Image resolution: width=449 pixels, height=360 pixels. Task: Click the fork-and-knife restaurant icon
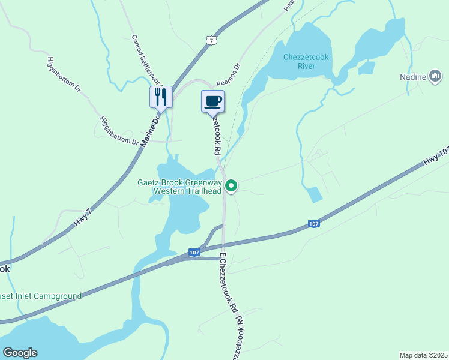(161, 96)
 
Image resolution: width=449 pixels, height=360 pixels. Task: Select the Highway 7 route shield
(209, 40)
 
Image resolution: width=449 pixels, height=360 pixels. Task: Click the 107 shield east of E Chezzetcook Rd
(314, 224)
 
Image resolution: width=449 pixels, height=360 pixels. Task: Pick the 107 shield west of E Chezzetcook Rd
(193, 252)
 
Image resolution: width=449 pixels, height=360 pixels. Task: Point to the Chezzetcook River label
(307, 61)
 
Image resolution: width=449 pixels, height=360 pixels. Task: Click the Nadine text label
(412, 77)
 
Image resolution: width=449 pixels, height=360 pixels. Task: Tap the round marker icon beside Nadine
(436, 77)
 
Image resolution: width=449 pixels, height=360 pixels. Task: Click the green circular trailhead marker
(232, 187)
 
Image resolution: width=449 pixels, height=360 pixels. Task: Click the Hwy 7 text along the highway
(83, 217)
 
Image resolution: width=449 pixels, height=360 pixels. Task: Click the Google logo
(20, 353)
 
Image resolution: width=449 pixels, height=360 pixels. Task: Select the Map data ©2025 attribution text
(423, 355)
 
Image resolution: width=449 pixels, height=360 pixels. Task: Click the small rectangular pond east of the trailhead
(313, 194)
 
